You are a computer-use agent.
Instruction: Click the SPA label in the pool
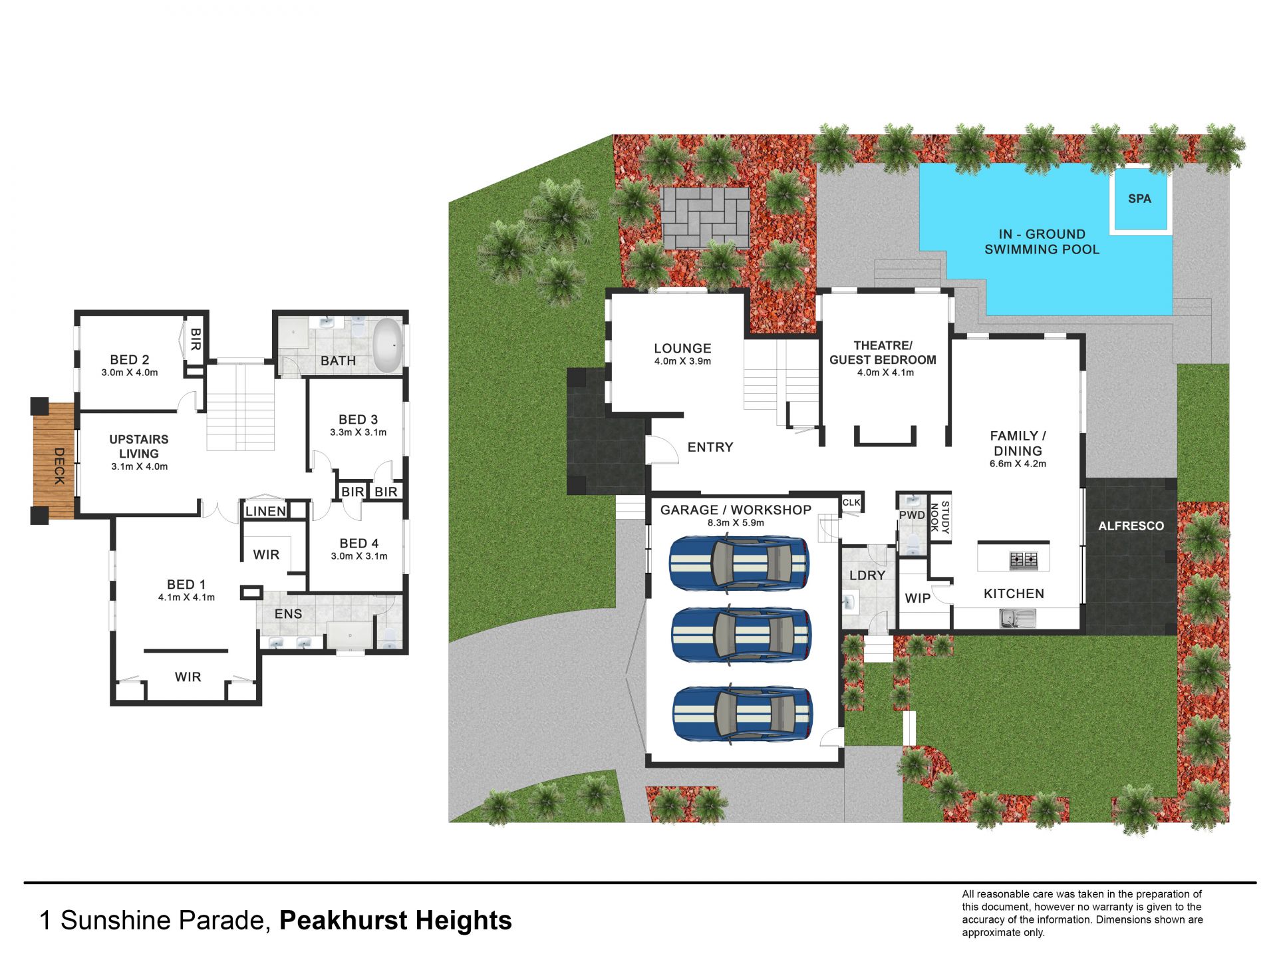[1139, 198]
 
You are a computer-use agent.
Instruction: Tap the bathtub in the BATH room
[388, 345]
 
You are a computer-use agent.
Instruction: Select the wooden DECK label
[59, 466]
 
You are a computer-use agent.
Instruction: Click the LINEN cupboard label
[265, 511]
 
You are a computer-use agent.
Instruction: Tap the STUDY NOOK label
[940, 517]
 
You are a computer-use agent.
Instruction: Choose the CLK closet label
[851, 502]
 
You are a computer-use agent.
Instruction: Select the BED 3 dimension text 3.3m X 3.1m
[358, 432]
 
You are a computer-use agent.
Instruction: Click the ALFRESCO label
[1131, 526]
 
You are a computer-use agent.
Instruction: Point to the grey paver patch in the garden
[704, 218]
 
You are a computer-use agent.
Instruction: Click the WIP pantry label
[917, 598]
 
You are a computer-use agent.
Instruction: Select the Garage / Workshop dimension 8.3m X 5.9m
[736, 523]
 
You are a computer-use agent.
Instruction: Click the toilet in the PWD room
[913, 544]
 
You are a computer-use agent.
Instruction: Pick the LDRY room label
[867, 575]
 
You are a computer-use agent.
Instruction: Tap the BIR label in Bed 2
[196, 339]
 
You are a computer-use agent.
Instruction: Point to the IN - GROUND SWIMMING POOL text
[1042, 241]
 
